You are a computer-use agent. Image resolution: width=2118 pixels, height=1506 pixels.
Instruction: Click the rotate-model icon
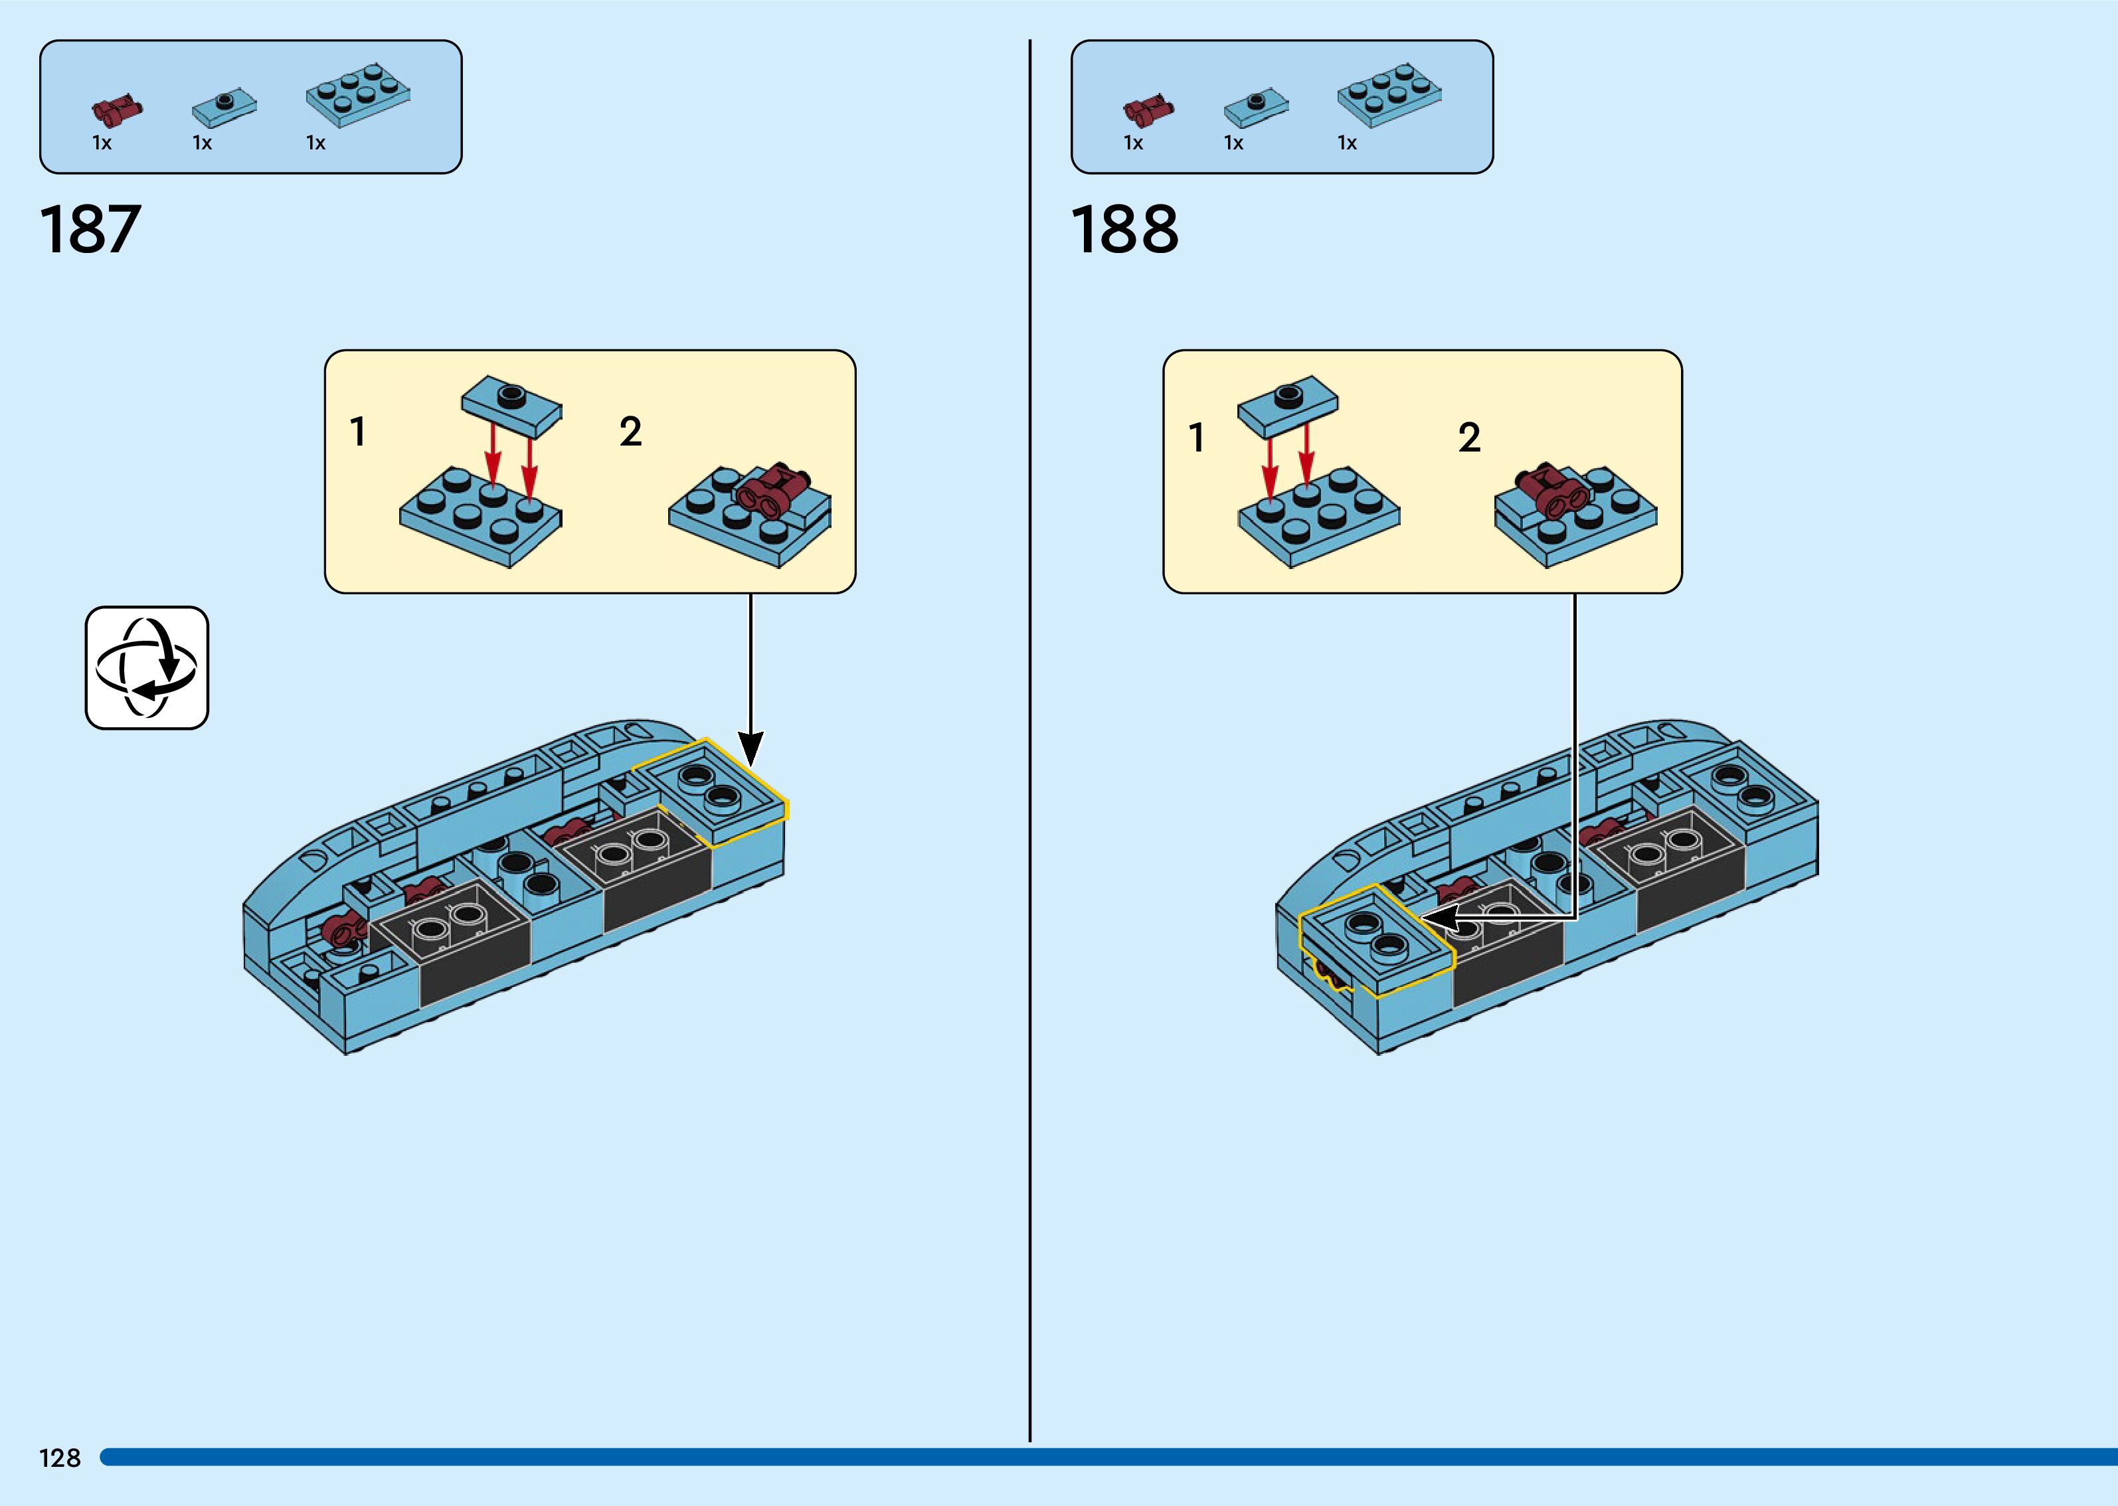[147, 668]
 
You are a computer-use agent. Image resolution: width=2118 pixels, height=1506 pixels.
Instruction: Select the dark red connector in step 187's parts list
[117, 110]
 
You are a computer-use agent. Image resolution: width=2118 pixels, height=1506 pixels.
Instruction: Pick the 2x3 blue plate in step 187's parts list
[358, 94]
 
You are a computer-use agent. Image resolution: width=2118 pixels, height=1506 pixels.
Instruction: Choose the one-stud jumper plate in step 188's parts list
[1256, 108]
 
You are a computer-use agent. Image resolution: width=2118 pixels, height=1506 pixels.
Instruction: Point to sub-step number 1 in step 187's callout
[358, 432]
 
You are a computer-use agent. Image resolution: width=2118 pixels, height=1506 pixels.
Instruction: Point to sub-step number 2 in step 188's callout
[1469, 438]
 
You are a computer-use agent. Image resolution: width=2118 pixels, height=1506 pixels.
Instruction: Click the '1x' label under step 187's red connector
[102, 143]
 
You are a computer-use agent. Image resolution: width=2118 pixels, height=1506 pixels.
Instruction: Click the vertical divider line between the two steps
[1029, 742]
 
